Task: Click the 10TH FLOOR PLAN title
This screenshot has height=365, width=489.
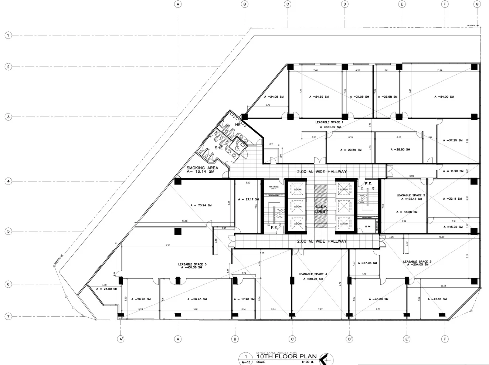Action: (286, 357)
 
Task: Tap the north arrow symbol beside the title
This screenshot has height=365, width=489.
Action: (327, 358)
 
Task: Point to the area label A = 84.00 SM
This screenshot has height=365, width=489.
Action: (444, 97)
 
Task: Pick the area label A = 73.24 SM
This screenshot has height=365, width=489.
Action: (201, 205)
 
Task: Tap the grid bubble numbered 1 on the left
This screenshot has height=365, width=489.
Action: (8, 36)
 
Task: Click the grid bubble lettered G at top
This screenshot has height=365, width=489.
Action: (477, 4)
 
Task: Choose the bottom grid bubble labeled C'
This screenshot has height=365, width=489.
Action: (292, 339)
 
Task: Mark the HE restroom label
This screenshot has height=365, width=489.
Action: (238, 125)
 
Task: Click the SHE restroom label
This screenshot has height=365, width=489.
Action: (218, 148)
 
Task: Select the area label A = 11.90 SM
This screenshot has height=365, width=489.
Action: (452, 171)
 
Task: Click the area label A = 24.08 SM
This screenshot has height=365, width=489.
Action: (274, 97)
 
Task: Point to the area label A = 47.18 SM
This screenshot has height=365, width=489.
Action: (437, 299)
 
